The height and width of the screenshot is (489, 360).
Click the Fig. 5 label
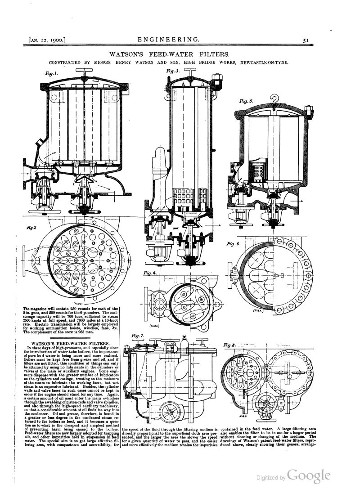[x=247, y=102]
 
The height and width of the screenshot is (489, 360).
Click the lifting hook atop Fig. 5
[x=274, y=99]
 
